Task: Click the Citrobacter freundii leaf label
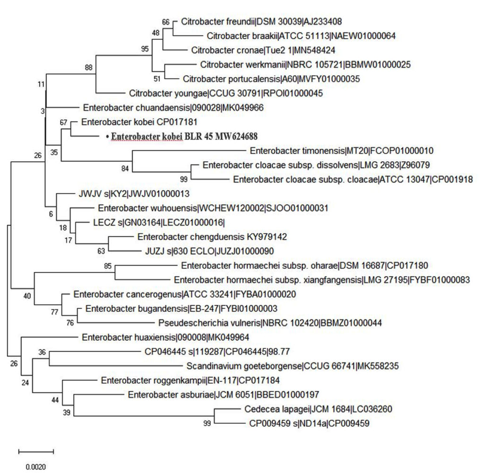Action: [x=261, y=21]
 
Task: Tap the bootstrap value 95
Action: [x=145, y=48]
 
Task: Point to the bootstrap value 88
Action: [x=88, y=68]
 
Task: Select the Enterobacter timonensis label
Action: [x=341, y=151]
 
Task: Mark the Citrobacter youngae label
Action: [x=225, y=93]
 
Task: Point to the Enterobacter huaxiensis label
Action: [x=165, y=338]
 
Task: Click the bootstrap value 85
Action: [x=108, y=266]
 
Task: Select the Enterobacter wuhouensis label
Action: [x=213, y=208]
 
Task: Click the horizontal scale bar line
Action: [x=36, y=450]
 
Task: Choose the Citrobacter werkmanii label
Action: [x=305, y=64]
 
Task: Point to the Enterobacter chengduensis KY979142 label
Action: [x=212, y=237]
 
